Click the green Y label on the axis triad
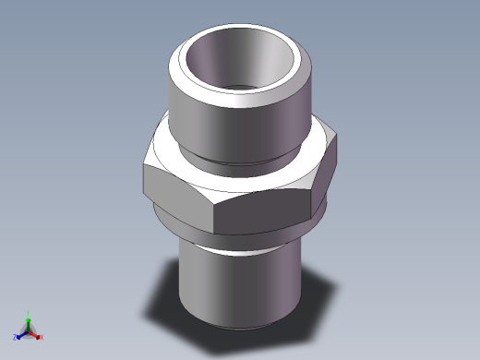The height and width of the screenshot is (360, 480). [29, 313]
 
